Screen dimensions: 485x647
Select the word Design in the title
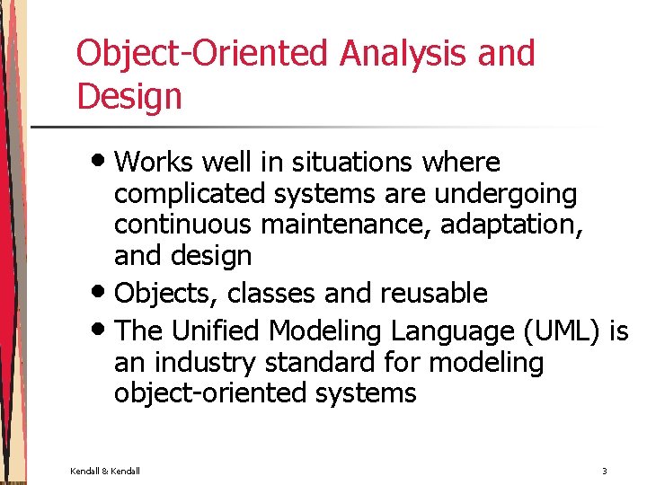pos(129,96)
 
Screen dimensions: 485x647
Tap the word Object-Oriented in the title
pos(203,55)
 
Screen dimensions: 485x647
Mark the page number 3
pos(605,471)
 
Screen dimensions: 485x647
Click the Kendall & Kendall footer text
pos(105,471)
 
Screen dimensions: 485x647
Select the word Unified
pos(217,331)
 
